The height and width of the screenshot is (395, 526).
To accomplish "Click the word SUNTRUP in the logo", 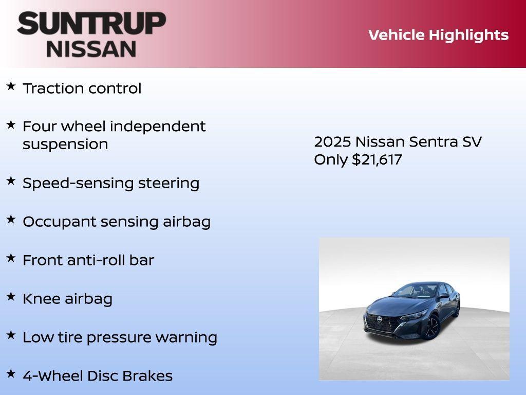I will click(91, 23).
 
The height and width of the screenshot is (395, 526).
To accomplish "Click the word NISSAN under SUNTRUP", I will click(91, 48).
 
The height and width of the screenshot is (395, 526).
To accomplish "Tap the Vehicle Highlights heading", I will click(438, 35).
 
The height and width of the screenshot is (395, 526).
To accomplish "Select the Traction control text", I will click(82, 88).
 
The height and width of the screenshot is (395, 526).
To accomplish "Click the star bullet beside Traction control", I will click(10, 86).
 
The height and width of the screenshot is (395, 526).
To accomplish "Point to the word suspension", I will click(65, 145).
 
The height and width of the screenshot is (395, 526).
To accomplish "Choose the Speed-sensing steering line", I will click(110, 183).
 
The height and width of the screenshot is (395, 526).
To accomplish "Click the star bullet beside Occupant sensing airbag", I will click(10, 219).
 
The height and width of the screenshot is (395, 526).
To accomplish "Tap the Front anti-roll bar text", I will click(88, 260).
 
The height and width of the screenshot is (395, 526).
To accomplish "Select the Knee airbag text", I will click(67, 299).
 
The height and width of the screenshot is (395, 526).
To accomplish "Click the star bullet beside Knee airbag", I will click(10, 296).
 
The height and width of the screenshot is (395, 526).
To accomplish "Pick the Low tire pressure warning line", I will click(120, 337).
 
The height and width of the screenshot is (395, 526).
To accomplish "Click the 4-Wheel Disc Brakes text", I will click(97, 376).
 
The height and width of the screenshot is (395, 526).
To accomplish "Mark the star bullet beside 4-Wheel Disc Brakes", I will click(10, 373).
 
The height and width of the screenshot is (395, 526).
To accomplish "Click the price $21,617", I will click(377, 159).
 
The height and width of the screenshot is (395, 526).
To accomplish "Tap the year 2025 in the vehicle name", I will click(332, 142).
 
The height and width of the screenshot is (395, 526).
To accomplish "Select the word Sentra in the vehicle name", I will click(433, 142).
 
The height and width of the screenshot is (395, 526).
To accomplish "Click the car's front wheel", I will click(431, 328).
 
